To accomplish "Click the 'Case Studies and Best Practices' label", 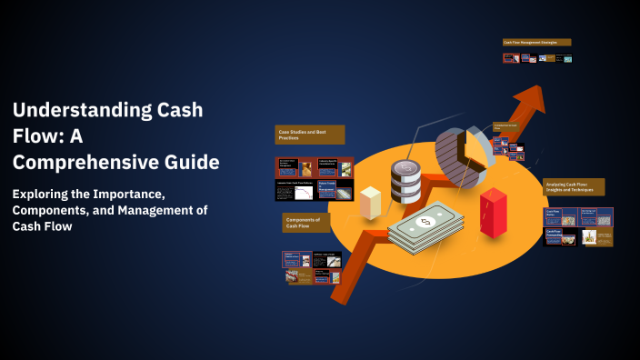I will pos(310,135).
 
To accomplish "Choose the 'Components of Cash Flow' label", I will pos(306,222).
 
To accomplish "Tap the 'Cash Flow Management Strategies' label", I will pos(536,42).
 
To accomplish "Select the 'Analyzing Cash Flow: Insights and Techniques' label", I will pos(574,186).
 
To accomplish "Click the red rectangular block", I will pos(493,213).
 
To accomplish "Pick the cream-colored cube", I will pos(370,202).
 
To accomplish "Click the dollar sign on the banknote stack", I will pos(425,221).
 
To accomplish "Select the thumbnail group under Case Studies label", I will pos(314,178).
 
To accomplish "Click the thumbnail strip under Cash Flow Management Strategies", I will pos(537,58).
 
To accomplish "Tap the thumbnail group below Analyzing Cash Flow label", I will pos(578,226).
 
